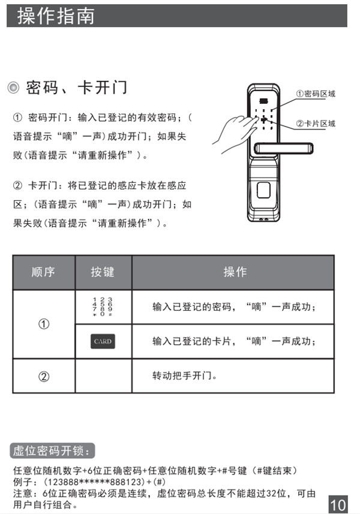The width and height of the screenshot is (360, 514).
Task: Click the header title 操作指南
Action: (56, 16)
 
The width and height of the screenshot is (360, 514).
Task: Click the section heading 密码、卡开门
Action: (76, 88)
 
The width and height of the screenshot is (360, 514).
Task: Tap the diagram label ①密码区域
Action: (316, 94)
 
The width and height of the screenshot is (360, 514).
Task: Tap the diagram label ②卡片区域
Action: (316, 124)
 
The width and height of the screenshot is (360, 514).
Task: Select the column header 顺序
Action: (43, 272)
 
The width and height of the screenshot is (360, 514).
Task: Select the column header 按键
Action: (103, 272)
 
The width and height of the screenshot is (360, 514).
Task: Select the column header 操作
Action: (235, 272)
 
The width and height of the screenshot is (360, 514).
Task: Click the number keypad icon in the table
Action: (103, 306)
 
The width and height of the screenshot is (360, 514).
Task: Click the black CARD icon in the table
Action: (103, 342)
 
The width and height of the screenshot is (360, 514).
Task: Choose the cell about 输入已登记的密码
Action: (234, 307)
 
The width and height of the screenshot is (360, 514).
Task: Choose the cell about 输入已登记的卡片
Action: (234, 342)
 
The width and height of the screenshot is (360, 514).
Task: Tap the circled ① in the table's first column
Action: (43, 324)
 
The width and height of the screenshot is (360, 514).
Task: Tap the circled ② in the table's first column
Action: (43, 377)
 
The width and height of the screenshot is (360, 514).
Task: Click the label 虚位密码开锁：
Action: (53, 450)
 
